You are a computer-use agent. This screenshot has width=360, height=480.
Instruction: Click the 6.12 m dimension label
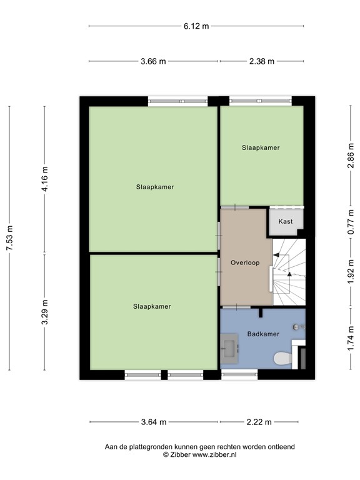pyautogui.click(x=196, y=26)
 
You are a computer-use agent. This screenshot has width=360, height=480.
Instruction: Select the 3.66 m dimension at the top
pyautogui.click(x=154, y=61)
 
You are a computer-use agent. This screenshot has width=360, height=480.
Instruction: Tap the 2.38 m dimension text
pyautogui.click(x=262, y=61)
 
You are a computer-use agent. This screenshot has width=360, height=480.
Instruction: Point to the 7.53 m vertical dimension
pyautogui.click(x=9, y=237)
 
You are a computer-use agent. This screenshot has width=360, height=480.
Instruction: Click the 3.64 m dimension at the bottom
pyautogui.click(x=154, y=422)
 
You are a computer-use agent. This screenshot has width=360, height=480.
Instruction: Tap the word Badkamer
pyautogui.click(x=263, y=334)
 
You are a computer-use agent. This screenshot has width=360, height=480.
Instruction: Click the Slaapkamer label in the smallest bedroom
pyautogui.click(x=261, y=148)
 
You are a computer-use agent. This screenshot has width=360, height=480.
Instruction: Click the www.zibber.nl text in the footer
pyautogui.click(x=214, y=455)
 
